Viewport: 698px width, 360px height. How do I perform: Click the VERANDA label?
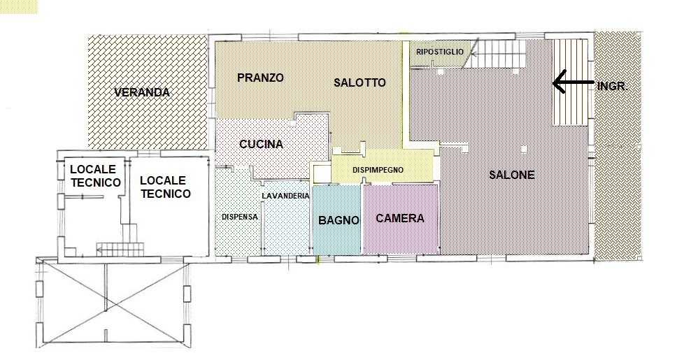(142, 92)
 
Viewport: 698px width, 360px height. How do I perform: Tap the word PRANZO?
(260, 78)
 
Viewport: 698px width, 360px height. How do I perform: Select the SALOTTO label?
(359, 82)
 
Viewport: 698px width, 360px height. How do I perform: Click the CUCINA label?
(261, 144)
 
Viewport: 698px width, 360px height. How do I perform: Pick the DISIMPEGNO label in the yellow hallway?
(378, 170)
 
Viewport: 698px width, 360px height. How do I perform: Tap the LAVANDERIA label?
(285, 196)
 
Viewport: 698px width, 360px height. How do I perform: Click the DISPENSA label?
(239, 217)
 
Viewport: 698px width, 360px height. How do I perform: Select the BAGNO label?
(339, 219)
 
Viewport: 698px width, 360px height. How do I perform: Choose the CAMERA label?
(400, 218)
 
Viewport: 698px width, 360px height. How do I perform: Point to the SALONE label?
(512, 175)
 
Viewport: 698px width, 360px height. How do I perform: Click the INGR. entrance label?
(612, 86)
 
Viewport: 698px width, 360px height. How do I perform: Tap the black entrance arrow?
(574, 82)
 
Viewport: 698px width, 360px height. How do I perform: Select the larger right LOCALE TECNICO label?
(165, 187)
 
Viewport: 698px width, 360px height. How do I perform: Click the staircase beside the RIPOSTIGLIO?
(494, 54)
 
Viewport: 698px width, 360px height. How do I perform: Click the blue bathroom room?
(337, 219)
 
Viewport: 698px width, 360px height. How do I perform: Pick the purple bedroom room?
(401, 219)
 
